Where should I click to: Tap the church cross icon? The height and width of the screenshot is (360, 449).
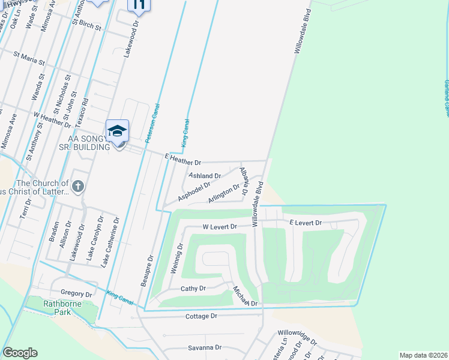tap(78, 186)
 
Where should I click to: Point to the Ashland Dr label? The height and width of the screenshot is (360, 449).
tap(205, 175)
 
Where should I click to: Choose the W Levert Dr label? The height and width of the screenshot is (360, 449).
tap(220, 227)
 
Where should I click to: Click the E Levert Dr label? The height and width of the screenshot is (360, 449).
tap(306, 223)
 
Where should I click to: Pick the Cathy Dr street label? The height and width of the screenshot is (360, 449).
tap(193, 289)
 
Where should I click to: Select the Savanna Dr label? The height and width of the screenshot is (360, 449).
tap(205, 347)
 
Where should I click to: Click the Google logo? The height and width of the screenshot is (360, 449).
tap(20, 353)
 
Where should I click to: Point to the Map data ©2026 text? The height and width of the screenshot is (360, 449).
tap(423, 355)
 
